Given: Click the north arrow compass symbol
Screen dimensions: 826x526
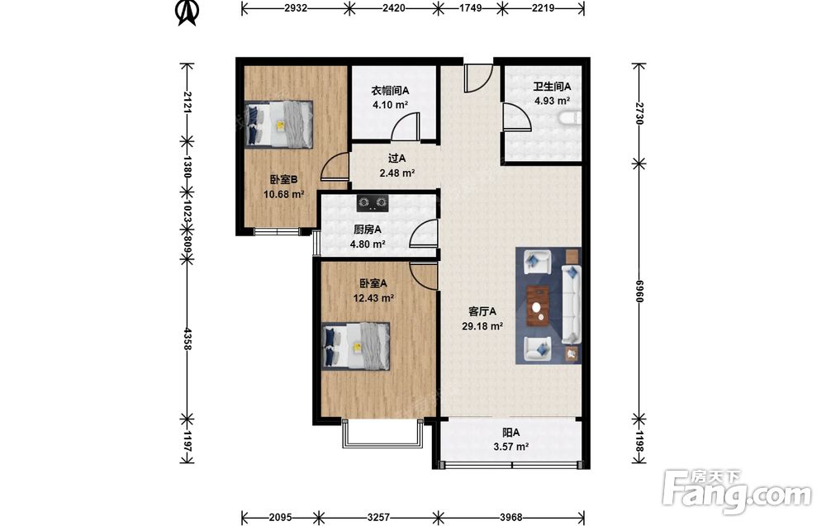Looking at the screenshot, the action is [x=187, y=12].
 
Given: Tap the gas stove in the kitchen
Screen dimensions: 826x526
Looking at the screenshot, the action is [x=373, y=201].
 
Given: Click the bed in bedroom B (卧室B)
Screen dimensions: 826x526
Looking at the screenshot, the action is [x=279, y=124].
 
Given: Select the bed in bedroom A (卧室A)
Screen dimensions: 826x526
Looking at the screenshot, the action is [x=356, y=346].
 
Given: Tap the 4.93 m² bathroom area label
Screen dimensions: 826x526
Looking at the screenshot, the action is [x=552, y=101].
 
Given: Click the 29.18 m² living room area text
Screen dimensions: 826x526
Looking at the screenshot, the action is [x=482, y=326].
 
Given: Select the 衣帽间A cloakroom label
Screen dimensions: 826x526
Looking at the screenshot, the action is [x=391, y=91].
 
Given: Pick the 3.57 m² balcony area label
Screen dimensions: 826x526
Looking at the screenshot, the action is [x=510, y=447].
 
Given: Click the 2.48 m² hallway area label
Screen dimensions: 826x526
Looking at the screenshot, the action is [x=397, y=173].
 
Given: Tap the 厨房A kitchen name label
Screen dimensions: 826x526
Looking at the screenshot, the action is [x=368, y=230].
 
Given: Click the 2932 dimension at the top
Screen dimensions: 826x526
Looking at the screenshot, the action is [x=296, y=8].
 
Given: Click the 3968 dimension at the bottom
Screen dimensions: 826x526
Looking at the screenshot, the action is [x=511, y=517].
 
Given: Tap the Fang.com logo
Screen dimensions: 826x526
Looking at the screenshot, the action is [x=737, y=490].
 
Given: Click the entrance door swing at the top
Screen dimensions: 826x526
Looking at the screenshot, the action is [x=478, y=78].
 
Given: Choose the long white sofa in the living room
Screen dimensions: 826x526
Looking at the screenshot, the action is [x=571, y=305].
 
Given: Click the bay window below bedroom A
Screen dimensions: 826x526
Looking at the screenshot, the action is [x=382, y=434].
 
